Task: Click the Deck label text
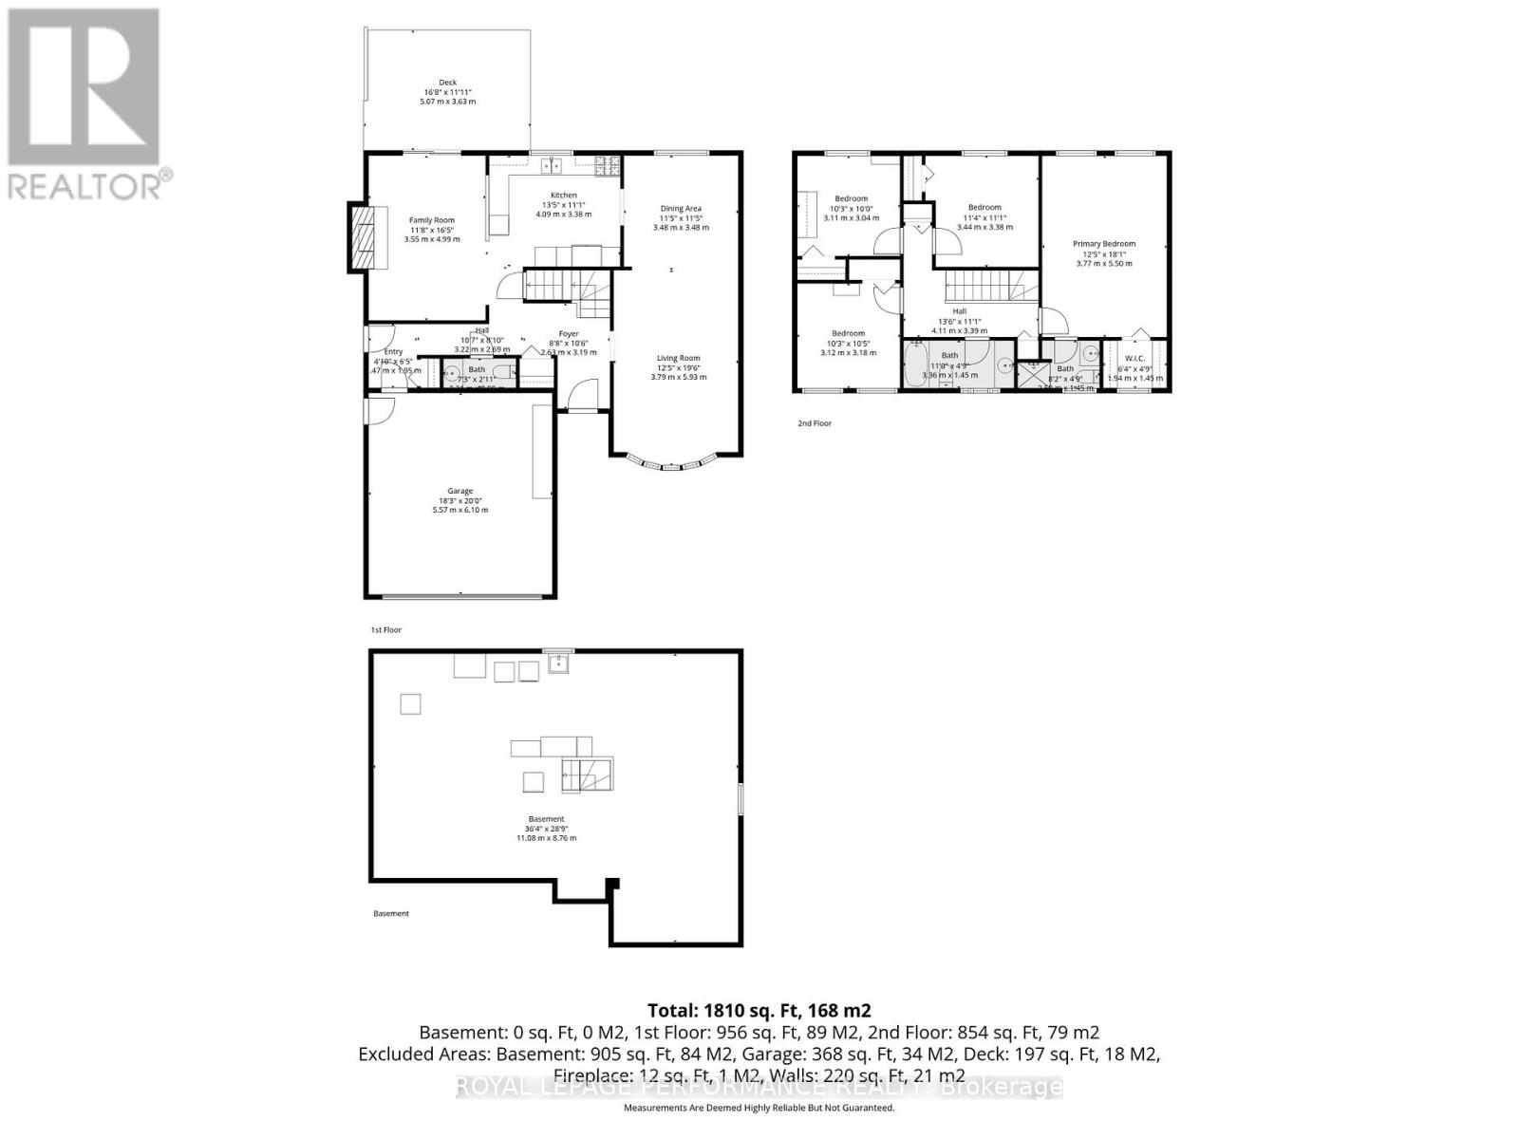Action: [x=448, y=83]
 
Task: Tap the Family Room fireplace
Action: [x=362, y=238]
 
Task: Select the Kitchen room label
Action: [x=563, y=196]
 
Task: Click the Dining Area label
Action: [x=681, y=209]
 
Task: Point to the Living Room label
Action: [x=679, y=358]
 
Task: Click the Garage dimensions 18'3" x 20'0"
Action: [x=460, y=500]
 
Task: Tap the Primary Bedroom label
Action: [x=1104, y=244]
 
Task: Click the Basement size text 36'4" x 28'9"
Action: [x=546, y=829]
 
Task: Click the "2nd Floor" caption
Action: [x=814, y=423]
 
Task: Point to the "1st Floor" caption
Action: [x=385, y=629]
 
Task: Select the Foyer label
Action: [x=568, y=333]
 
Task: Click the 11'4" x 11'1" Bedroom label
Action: [x=985, y=208]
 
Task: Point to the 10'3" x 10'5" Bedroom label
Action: [x=848, y=333]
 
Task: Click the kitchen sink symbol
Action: [x=552, y=167]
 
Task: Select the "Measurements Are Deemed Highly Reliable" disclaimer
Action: [x=759, y=1108]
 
